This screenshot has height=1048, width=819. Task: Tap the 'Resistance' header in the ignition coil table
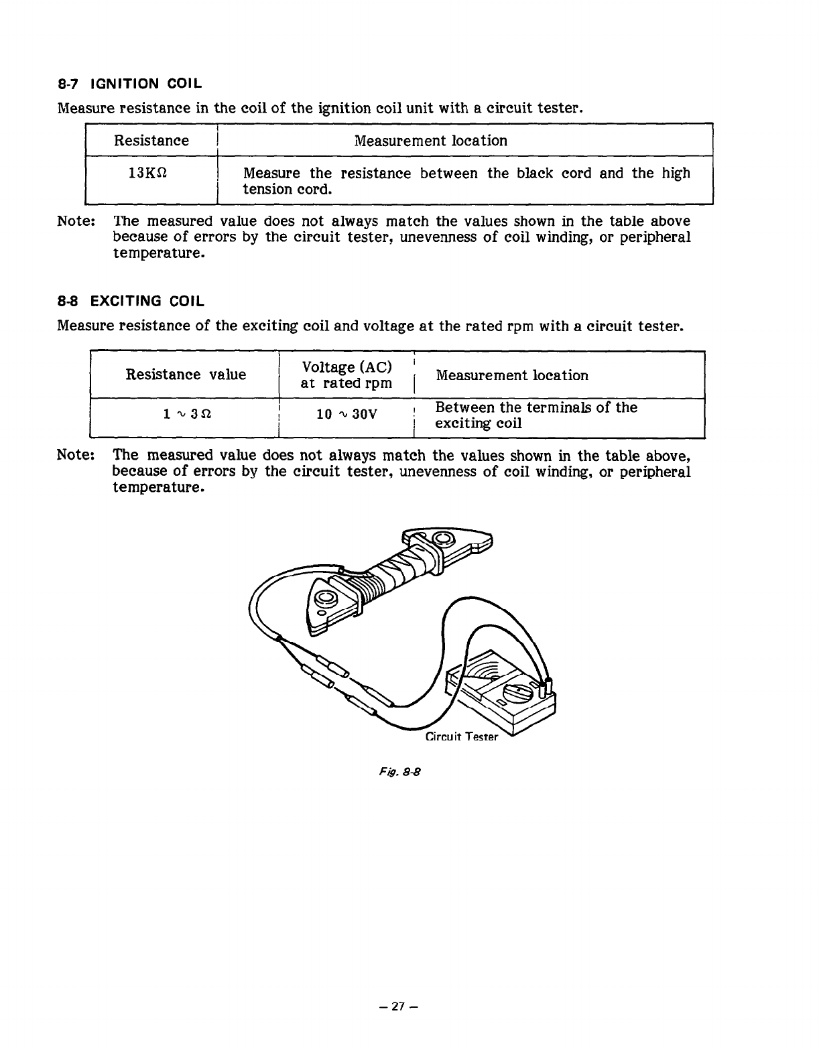(x=151, y=141)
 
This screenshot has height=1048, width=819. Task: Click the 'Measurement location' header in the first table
(x=430, y=141)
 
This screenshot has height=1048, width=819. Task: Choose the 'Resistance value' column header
(x=186, y=375)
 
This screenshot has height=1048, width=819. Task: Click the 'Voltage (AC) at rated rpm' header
(x=346, y=375)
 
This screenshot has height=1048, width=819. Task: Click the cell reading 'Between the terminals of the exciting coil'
(x=535, y=415)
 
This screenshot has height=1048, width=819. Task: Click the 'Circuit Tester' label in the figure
(x=462, y=737)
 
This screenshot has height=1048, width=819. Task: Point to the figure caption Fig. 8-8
(x=407, y=771)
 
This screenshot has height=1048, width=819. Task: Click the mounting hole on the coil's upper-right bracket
(x=443, y=539)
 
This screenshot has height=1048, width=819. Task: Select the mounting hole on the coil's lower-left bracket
(x=326, y=598)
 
